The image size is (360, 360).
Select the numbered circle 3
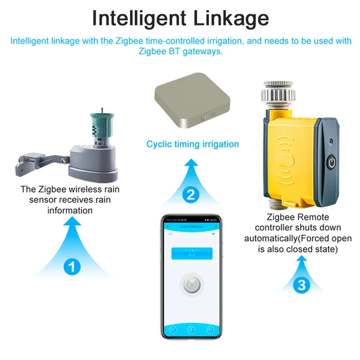coord(302,284)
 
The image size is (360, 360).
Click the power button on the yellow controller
coord(332,162)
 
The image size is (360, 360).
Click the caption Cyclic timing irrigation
coord(193,144)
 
